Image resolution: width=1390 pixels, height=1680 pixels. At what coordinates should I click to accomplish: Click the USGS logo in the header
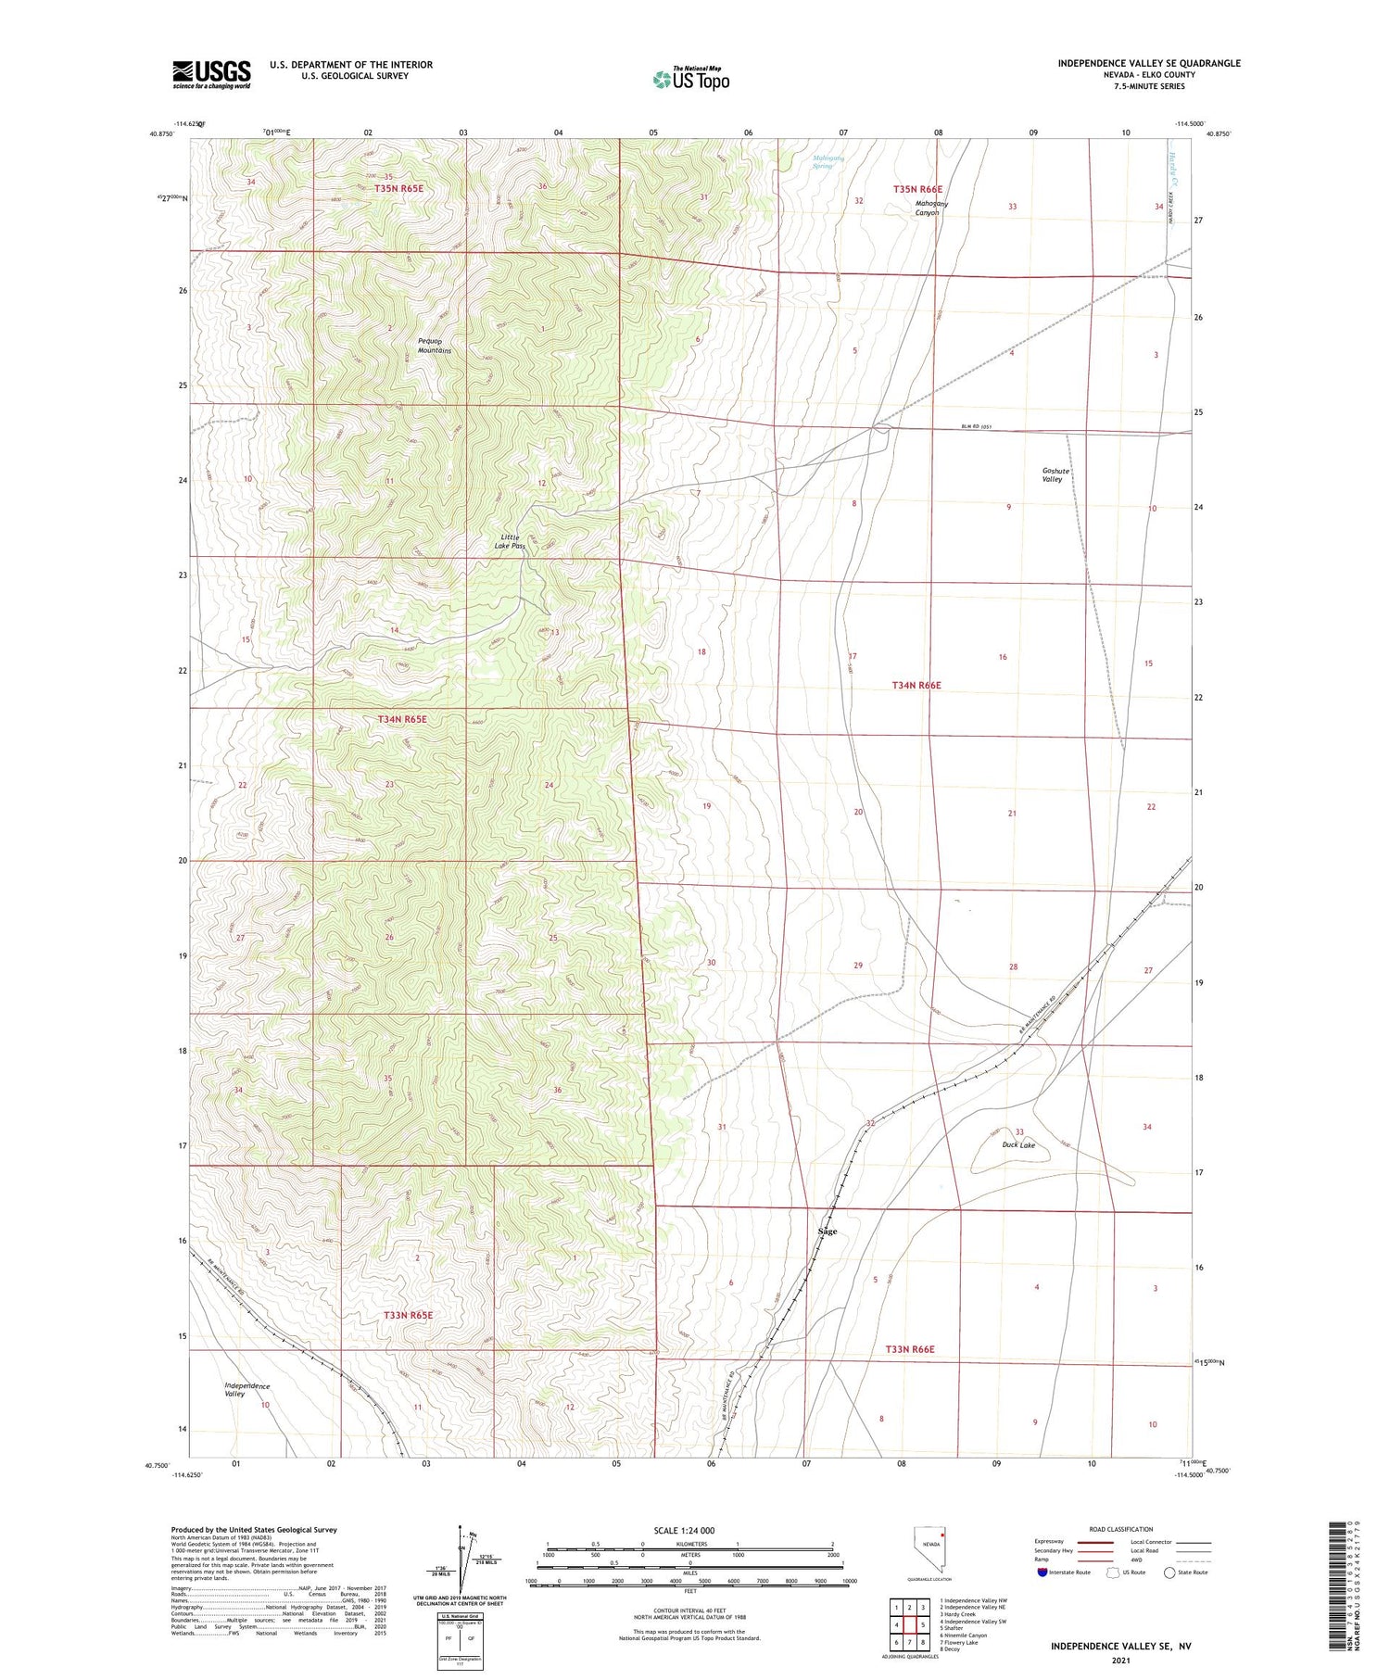coord(211,74)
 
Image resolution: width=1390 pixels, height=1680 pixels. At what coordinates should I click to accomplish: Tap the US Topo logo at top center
coord(691,79)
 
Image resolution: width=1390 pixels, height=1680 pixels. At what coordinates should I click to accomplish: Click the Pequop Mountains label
coord(435,347)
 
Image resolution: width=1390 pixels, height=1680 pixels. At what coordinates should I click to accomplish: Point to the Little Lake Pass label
coord(511,541)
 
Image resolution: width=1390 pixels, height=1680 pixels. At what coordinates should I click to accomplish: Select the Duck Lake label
coord(1018,1144)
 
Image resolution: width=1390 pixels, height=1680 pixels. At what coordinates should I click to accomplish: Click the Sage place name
coord(828,1232)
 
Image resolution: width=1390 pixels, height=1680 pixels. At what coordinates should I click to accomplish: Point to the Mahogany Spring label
coord(828,161)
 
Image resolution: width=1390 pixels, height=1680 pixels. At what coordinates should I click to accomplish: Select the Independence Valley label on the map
coord(247,1390)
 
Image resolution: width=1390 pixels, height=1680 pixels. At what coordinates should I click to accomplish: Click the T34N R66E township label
coord(916,685)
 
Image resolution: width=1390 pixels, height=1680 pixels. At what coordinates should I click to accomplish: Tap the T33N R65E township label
coord(408,1315)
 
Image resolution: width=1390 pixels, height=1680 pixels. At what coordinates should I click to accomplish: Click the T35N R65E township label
coord(399,189)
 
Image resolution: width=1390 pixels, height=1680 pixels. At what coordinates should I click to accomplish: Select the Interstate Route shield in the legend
coord(1042,1573)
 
